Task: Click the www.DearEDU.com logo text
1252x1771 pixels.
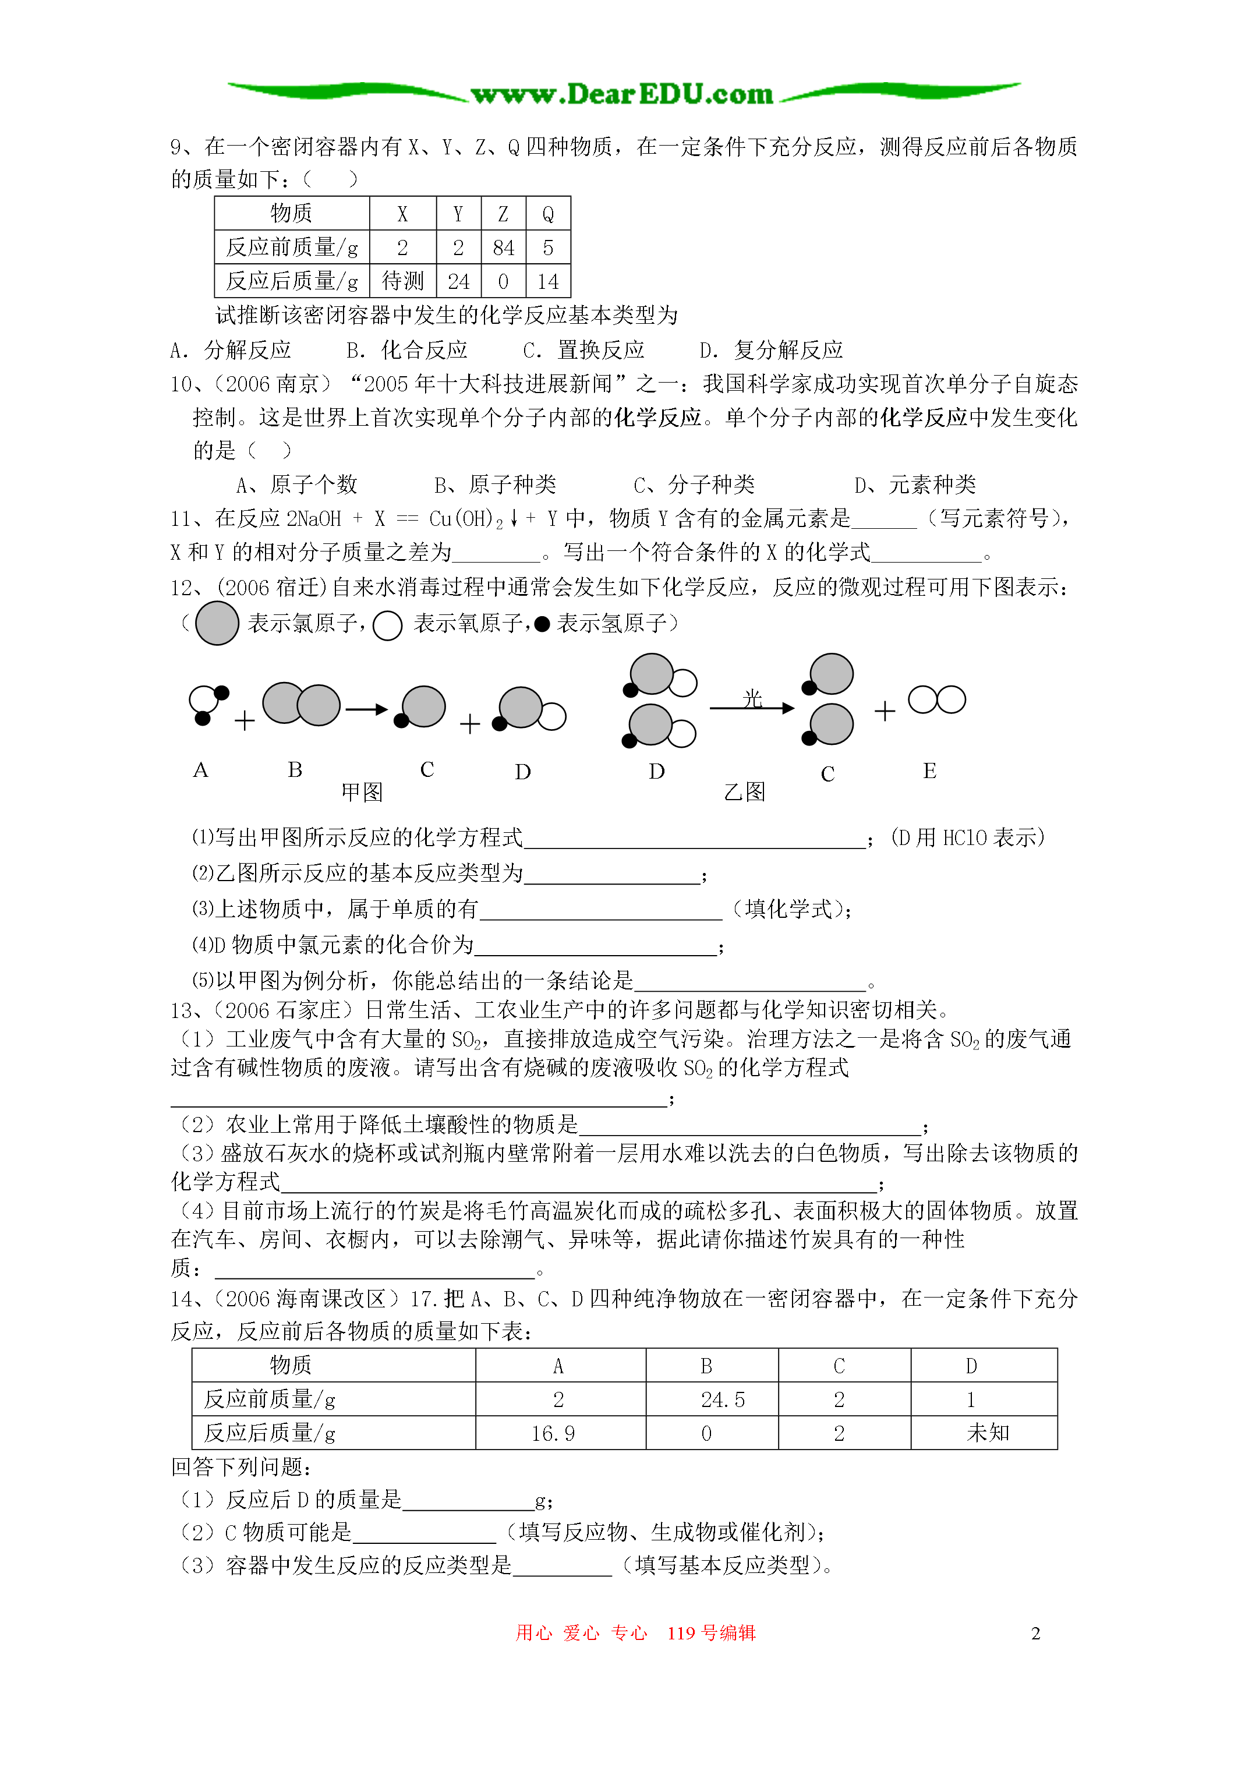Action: pos(622,94)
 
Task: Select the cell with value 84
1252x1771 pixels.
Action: pos(503,248)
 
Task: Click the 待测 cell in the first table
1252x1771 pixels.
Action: pos(402,281)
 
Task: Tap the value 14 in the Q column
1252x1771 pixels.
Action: pos(548,281)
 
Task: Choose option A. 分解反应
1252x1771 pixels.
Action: pos(231,350)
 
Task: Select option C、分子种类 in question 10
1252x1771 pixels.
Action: pos(694,485)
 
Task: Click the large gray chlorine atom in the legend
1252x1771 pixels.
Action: pos(217,623)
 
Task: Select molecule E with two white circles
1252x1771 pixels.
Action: pos(936,699)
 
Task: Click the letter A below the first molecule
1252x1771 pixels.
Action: pos(200,770)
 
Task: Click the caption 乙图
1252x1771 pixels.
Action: pos(744,792)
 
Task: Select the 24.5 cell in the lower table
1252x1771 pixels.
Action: pos(723,1400)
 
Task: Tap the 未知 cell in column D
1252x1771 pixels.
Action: pos(988,1433)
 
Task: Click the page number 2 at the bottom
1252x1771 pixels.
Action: pos(1035,1633)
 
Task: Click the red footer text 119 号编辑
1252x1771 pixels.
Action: pos(711,1633)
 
